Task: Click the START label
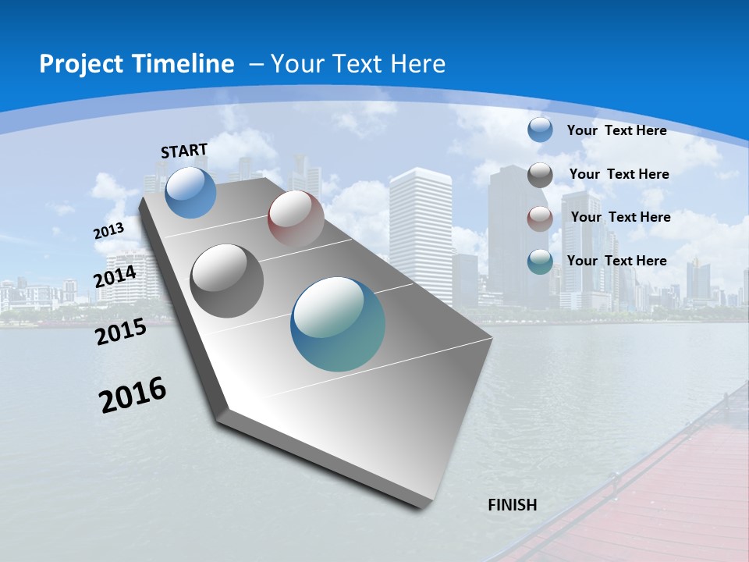pyautogui.click(x=184, y=151)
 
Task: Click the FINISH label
pyautogui.click(x=513, y=505)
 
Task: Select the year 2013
pyautogui.click(x=108, y=231)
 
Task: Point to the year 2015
pyautogui.click(x=120, y=332)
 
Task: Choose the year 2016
pyautogui.click(x=133, y=395)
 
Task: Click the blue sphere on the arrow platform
pyautogui.click(x=191, y=192)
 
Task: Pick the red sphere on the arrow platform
pyautogui.click(x=296, y=219)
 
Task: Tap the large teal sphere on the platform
pyautogui.click(x=338, y=324)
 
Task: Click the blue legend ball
pyautogui.click(x=540, y=130)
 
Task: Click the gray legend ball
pyautogui.click(x=540, y=175)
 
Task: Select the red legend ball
pyautogui.click(x=540, y=219)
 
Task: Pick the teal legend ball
pyautogui.click(x=540, y=262)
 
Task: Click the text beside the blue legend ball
pyautogui.click(x=616, y=130)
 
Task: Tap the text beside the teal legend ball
pyautogui.click(x=616, y=261)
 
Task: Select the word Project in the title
pyautogui.click(x=80, y=64)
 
